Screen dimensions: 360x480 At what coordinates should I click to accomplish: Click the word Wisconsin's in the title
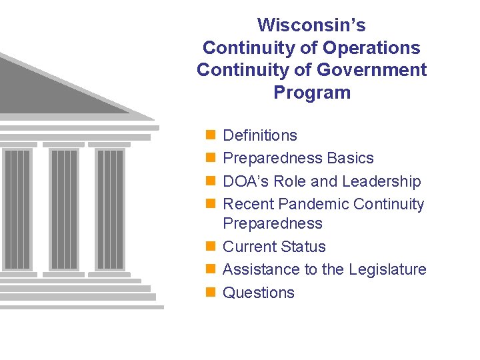311,25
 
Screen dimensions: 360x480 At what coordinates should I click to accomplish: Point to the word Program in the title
311,93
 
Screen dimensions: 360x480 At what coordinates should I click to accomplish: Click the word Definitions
260,135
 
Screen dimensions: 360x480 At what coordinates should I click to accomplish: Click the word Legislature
391,269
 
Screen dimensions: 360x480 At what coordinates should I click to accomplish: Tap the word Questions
259,293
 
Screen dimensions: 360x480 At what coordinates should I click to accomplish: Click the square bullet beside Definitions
210,135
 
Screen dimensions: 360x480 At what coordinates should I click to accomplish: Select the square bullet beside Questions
210,292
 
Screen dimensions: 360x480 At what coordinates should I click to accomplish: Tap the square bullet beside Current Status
210,246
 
